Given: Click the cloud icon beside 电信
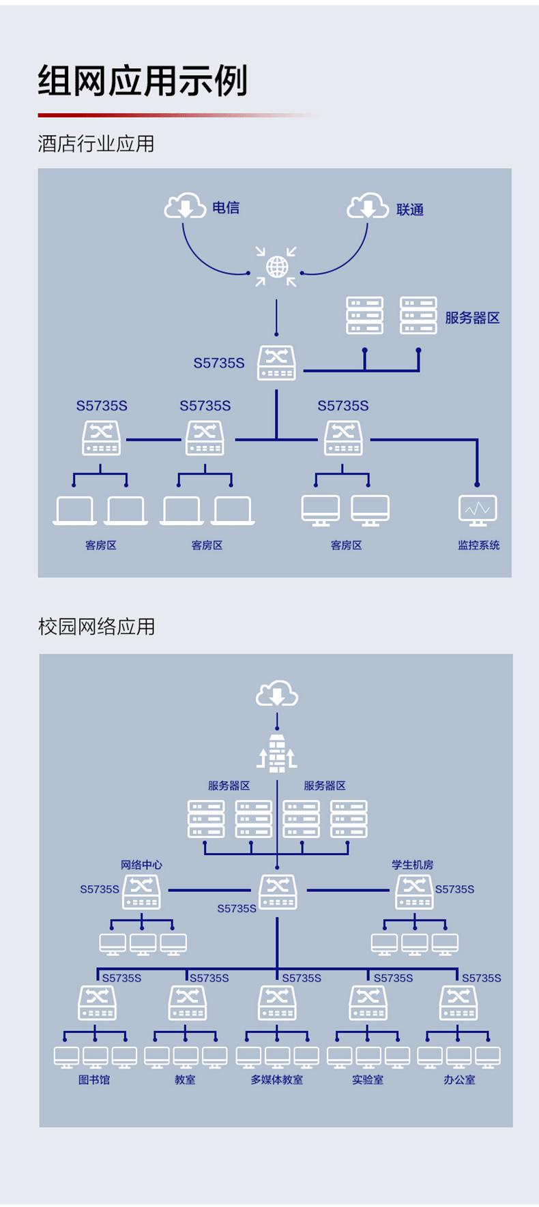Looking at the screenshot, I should tap(185, 206).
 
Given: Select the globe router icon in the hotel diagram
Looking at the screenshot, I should tap(276, 267).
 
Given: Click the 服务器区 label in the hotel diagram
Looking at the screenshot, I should tap(472, 318).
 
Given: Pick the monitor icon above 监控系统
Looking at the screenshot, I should tap(478, 509).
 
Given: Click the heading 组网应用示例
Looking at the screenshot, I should tap(143, 81).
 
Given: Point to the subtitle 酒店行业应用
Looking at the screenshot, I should tap(96, 144).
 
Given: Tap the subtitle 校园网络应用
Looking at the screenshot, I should tap(97, 627).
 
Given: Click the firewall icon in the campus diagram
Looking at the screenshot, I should tap(277, 754).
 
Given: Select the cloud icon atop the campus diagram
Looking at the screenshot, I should tap(277, 695).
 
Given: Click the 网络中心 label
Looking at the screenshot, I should tap(141, 865).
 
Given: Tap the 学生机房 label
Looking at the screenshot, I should tap(412, 865).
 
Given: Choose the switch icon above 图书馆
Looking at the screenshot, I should tap(97, 1003).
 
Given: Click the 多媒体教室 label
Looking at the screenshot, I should tap(276, 1079).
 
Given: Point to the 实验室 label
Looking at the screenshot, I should tap(368, 1079).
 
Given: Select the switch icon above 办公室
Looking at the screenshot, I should tap(458, 1003).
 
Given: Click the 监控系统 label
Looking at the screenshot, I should tap(478, 545).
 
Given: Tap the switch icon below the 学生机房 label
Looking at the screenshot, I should tap(414, 891).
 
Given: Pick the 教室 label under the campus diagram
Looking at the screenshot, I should tap(185, 1079).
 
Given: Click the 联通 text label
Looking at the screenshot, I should tap(410, 210).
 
